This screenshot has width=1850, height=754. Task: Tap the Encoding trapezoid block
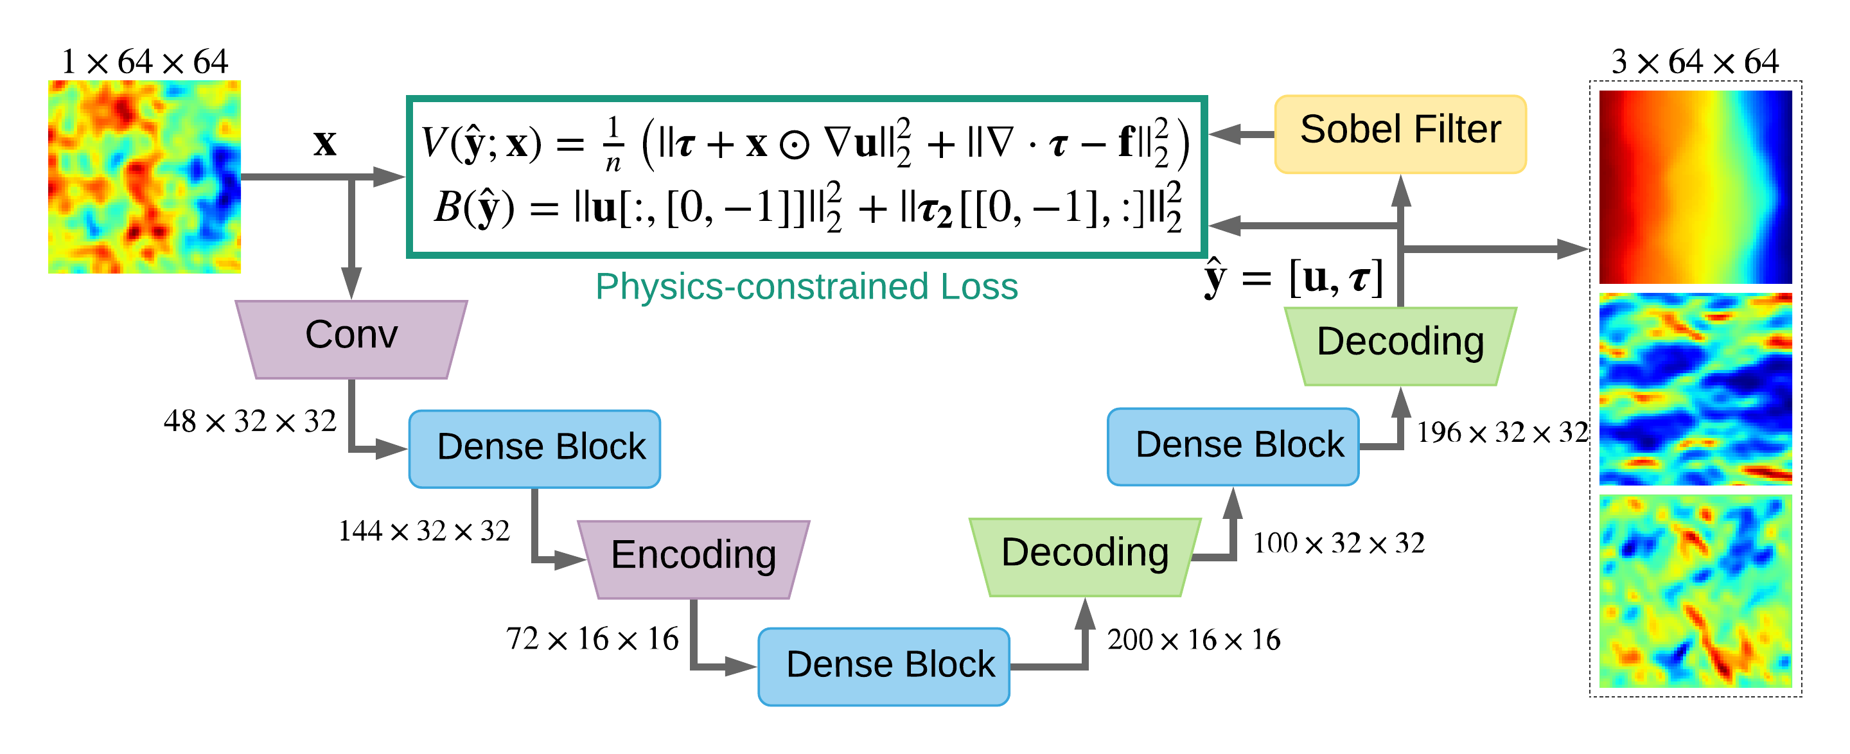click(694, 559)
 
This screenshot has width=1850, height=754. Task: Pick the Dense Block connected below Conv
click(534, 449)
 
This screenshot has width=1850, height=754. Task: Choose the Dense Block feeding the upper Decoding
click(1233, 446)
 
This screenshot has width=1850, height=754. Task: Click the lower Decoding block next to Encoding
click(1084, 557)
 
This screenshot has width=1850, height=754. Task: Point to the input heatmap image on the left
click(145, 177)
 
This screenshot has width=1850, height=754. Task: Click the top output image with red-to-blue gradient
click(1695, 187)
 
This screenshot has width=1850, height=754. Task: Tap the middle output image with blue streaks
click(1695, 389)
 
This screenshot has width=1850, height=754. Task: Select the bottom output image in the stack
click(1695, 590)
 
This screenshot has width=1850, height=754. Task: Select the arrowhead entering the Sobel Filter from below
click(1401, 191)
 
